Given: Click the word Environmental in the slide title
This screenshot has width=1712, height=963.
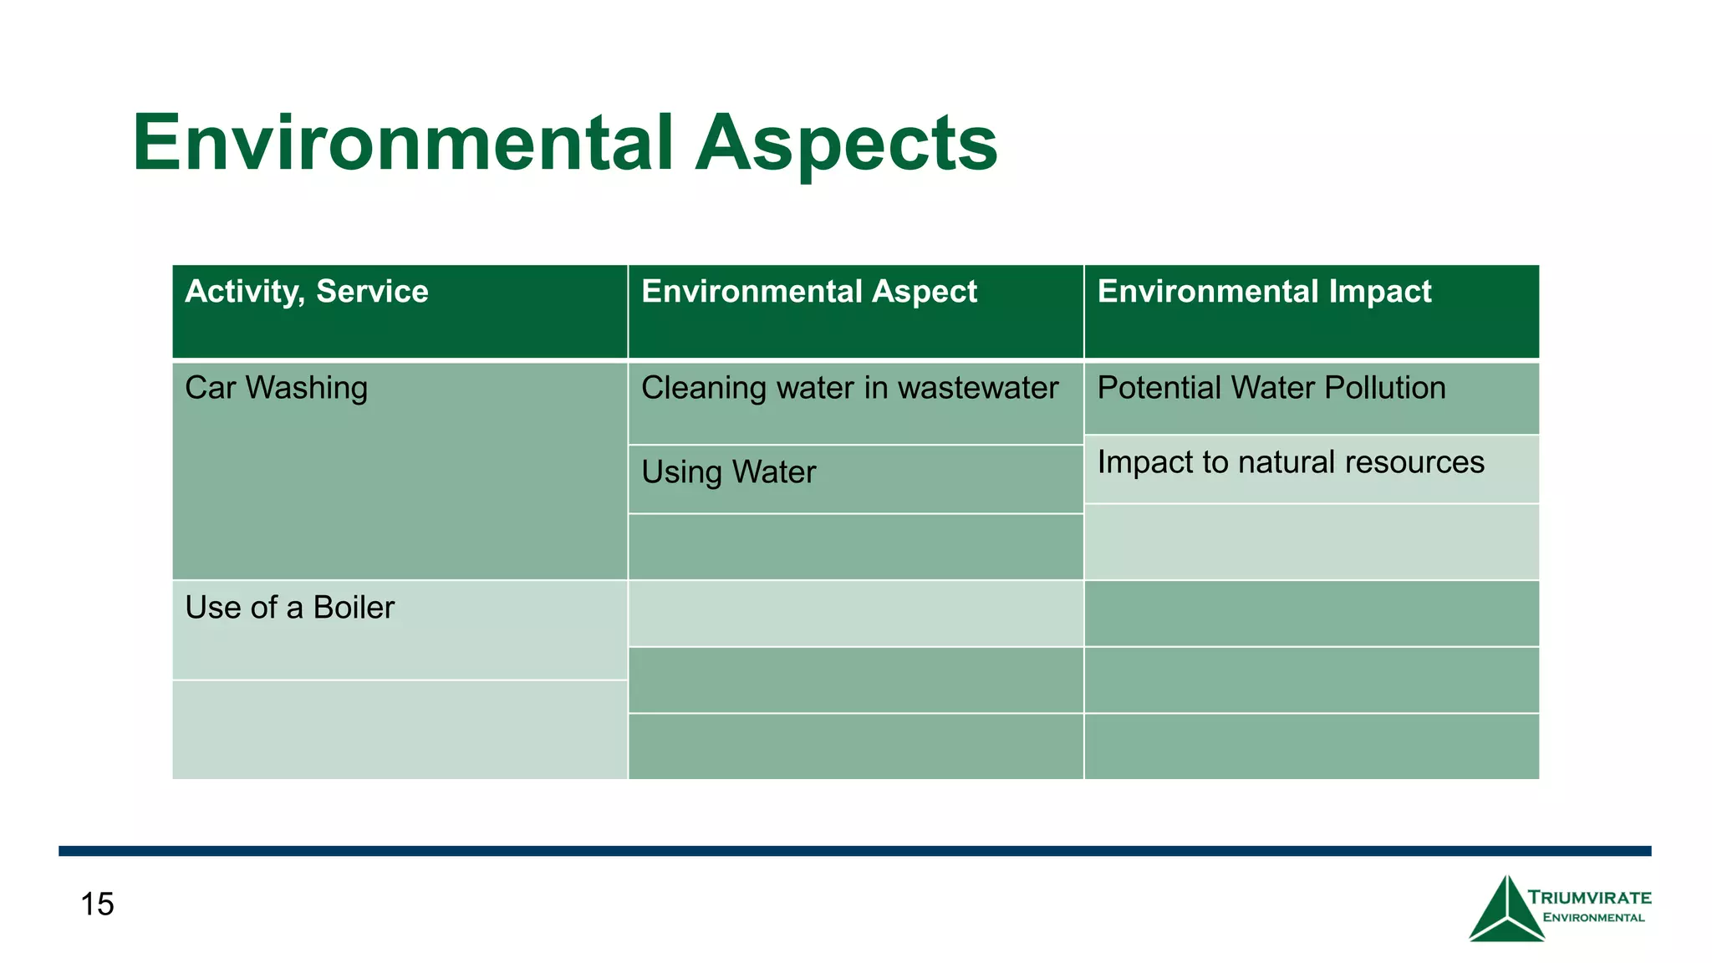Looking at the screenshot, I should tap(402, 143).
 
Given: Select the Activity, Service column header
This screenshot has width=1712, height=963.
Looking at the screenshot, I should tap(306, 292).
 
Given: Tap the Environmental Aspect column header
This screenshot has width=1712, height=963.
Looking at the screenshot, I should tap(808, 292).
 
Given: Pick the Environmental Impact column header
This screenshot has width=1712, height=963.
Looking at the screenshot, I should tap(1264, 292).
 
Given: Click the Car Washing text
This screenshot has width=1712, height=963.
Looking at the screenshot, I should tap(276, 388).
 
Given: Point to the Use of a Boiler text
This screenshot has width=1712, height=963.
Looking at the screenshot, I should tap(289, 608).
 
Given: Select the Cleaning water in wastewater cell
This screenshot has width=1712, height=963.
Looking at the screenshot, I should tap(849, 389).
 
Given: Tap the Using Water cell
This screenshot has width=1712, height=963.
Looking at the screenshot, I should tap(728, 472).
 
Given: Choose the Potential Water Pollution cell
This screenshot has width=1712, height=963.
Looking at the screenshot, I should tap(1271, 388).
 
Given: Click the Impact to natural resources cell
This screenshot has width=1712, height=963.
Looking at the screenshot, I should tap(1290, 462).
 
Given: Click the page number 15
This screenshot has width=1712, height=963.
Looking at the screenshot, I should tap(97, 904).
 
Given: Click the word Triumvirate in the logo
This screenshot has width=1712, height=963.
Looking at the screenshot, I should tap(1589, 898).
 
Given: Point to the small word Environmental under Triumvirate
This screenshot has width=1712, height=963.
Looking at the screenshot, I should tap(1593, 918).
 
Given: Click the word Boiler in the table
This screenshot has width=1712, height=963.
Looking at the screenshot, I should tap(354, 608).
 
